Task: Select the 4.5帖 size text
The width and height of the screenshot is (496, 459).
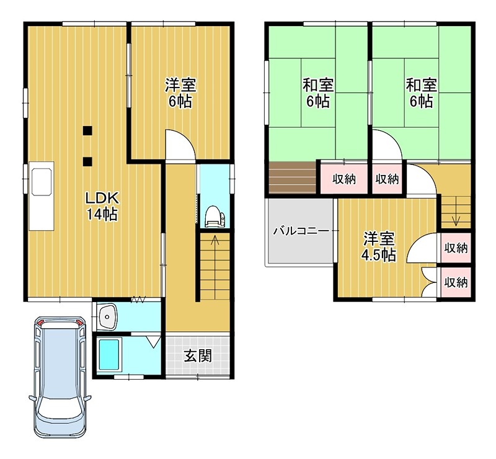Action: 379,255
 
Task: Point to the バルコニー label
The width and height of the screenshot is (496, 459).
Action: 301,231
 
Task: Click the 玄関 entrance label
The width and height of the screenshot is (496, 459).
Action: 198,356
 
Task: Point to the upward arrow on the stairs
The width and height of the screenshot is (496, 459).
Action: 215,241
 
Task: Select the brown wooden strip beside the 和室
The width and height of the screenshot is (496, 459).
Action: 293,176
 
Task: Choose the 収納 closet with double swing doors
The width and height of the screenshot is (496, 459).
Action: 456,282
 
